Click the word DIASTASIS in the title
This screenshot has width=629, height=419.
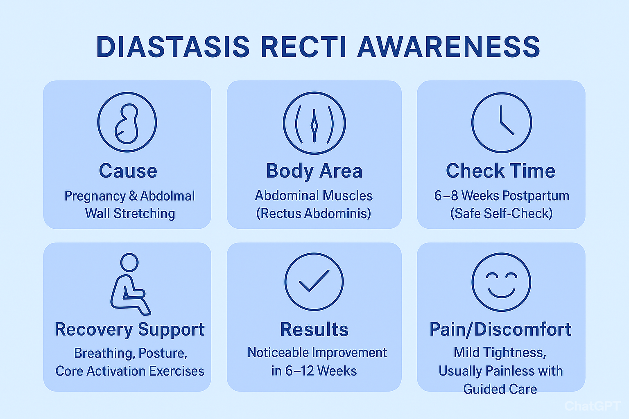173,47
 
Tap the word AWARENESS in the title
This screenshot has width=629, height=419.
449,47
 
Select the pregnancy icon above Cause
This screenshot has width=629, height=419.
127,122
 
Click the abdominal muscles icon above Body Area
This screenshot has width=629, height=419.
314,123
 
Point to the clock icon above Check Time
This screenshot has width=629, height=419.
502,123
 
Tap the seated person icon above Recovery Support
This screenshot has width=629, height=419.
129,284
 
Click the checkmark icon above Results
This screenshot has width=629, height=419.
314,282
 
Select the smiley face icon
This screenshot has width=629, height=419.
501,282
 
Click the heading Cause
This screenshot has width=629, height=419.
128,171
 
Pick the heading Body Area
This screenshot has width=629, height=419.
314,171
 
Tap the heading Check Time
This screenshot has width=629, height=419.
501,171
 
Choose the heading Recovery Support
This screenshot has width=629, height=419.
129,329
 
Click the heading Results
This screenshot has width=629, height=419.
314,329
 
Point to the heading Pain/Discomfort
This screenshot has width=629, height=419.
500,329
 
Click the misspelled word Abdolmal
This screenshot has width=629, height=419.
167,196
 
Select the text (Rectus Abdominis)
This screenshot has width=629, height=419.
314,214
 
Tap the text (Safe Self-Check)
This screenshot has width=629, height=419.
502,214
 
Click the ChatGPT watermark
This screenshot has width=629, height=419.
592,406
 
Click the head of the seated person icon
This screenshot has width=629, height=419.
129,262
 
